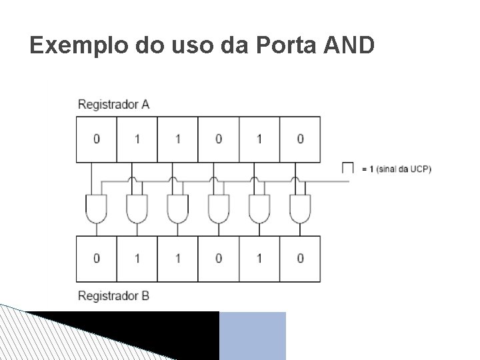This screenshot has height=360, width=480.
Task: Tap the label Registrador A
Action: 113,104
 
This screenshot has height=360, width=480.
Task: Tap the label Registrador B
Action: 113,295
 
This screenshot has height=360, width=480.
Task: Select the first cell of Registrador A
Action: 97,139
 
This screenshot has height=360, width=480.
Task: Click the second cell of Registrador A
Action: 137,139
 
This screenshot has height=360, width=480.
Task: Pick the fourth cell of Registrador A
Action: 219,139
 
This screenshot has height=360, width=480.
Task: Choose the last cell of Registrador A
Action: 300,139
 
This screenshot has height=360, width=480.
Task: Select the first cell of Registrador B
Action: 97,258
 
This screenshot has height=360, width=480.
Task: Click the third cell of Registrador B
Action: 178,258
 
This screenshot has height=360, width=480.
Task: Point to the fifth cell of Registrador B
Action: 259,258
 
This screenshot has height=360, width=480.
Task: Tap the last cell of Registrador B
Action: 300,258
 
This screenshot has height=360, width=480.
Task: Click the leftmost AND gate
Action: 97,209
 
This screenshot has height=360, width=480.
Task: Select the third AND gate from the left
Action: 178,209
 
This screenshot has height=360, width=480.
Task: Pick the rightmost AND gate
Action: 300,209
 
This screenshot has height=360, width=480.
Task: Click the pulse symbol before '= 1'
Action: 347,167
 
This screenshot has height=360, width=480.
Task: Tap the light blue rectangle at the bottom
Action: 253,335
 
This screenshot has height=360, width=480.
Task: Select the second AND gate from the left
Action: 137,209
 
